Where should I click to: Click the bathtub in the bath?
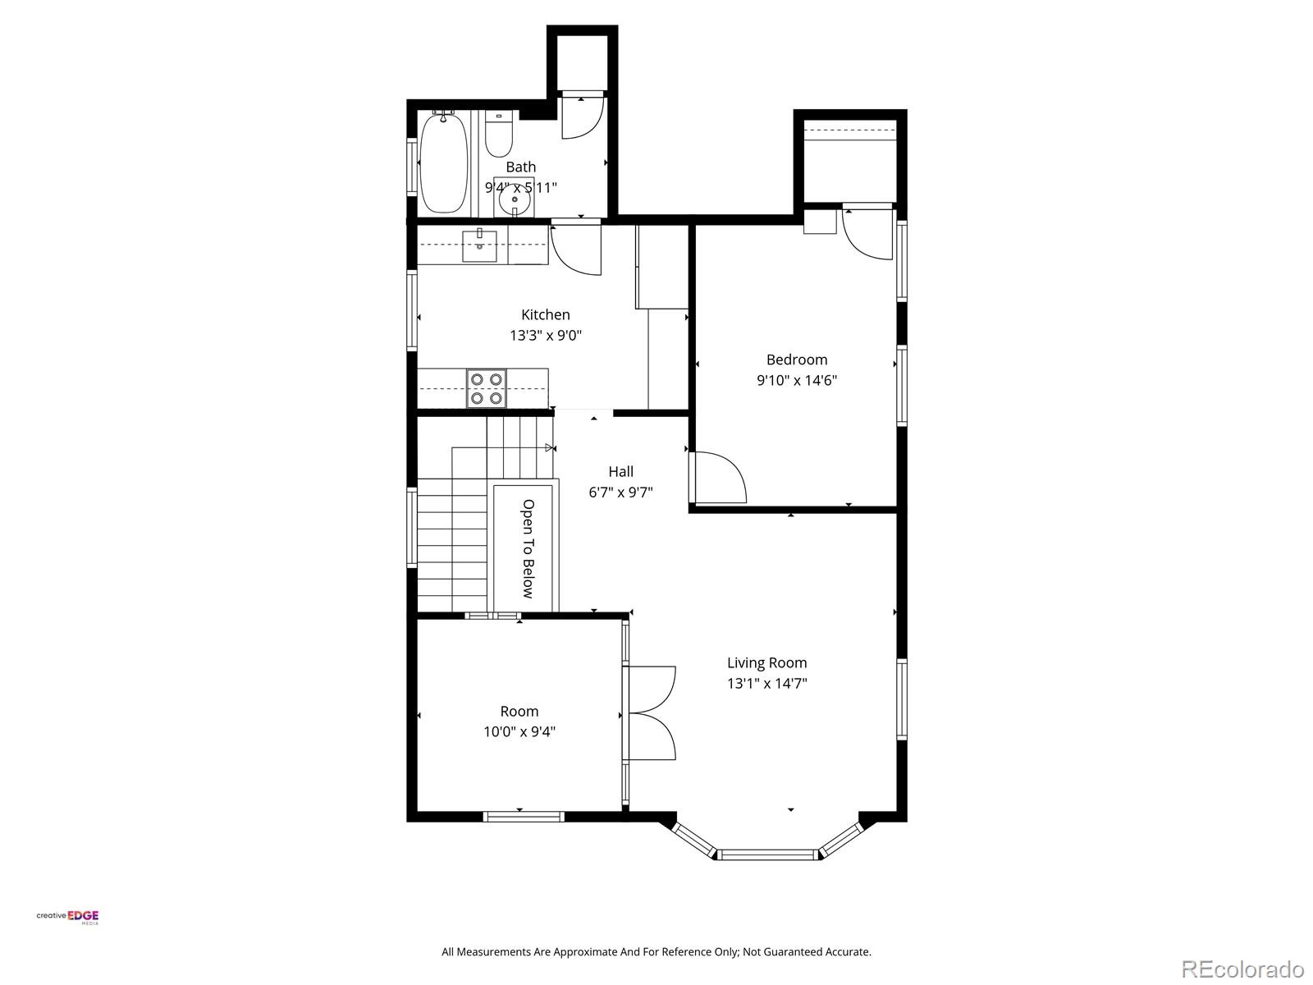pos(444,163)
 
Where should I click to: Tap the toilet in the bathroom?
pos(498,136)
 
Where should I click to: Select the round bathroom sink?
pos(515,196)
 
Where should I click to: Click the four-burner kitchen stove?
pos(486,388)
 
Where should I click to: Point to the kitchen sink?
pos(479,246)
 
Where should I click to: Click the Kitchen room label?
pos(545,314)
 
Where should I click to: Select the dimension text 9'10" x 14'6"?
pos(796,380)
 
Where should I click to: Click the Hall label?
pos(620,471)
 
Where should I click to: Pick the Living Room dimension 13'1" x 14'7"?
pos(766,683)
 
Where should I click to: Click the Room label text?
pos(519,711)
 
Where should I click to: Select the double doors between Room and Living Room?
pos(650,712)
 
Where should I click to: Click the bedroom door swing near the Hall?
pos(719,478)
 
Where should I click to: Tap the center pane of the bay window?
pos(768,854)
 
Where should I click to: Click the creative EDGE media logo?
pos(68,917)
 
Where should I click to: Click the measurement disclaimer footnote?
pos(656,952)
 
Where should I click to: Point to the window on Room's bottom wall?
pos(523,816)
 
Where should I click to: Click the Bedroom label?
pos(796,360)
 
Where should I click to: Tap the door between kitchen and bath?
pos(576,249)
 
